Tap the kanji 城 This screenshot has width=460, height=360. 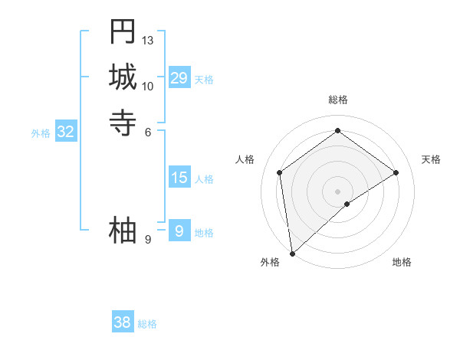click(x=123, y=77)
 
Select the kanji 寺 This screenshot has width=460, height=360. click(x=123, y=123)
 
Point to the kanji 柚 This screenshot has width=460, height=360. click(x=123, y=231)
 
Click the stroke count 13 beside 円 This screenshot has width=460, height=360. click(x=148, y=40)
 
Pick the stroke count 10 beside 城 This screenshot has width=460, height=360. click(x=148, y=86)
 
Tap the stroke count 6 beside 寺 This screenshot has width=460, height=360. click(x=148, y=132)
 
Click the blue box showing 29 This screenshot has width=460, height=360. click(x=179, y=78)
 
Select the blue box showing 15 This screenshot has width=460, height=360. click(x=179, y=178)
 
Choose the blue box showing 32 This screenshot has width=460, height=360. click(x=66, y=132)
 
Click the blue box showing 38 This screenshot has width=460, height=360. click(x=123, y=322)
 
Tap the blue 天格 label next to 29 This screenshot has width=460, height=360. click(x=204, y=80)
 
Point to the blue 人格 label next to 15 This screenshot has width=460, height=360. click(x=204, y=180)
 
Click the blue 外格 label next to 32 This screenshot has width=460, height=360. click(x=41, y=133)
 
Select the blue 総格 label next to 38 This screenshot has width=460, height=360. click(x=147, y=324)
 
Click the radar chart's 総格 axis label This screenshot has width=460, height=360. click(x=338, y=100)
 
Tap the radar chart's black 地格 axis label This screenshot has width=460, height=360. click(x=402, y=262)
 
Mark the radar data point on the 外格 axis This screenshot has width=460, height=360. click(x=292, y=254)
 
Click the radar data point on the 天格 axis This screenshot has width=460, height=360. click(x=396, y=172)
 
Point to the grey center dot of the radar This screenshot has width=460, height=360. click(x=338, y=191)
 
